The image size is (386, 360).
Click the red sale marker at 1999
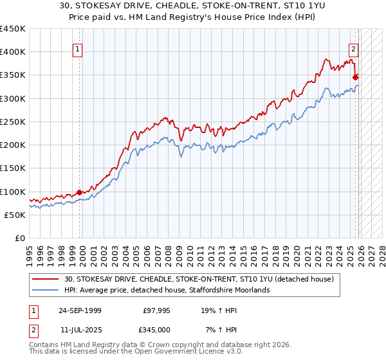click(x=79, y=192)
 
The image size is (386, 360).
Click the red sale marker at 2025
click(x=356, y=77)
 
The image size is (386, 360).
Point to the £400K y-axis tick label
click(x=13, y=52)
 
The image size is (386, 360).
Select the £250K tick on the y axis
click(x=13, y=122)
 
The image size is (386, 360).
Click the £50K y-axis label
click(x=15, y=215)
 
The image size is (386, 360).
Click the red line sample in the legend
click(x=46, y=280)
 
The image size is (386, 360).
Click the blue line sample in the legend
click(x=46, y=291)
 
